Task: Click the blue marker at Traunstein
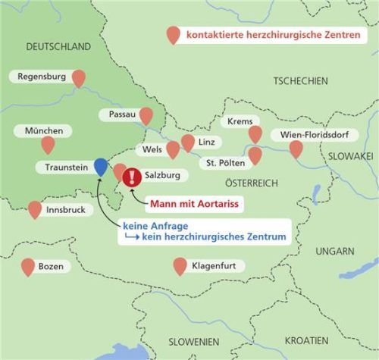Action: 101,165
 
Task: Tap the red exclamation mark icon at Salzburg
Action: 132,177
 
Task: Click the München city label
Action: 44,130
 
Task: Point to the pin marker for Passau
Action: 146,114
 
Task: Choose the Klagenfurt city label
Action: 218,267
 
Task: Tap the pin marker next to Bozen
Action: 29,266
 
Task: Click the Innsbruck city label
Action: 65,210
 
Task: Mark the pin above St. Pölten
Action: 255,155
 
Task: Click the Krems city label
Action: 239,122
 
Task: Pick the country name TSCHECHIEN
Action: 300,81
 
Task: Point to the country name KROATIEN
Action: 306,340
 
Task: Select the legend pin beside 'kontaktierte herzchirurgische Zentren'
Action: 174,34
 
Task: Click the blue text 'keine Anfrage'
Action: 150,226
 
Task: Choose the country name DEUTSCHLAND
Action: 58,47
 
